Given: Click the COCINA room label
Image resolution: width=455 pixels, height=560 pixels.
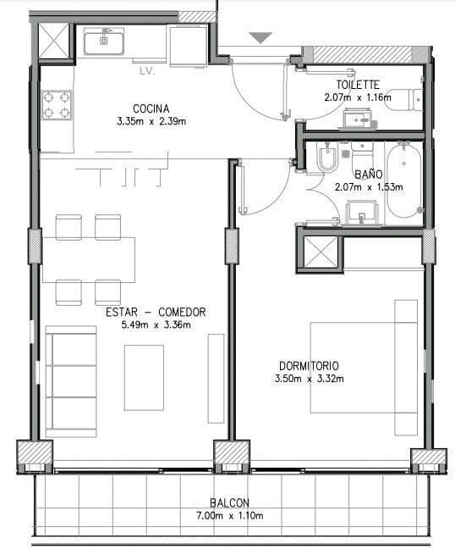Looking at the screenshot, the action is (151, 108).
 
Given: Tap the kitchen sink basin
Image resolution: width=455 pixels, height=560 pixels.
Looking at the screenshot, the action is (104, 41).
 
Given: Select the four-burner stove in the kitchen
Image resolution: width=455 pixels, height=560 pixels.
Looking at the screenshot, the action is (57, 105).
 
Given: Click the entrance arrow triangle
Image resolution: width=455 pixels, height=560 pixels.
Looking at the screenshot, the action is (260, 37).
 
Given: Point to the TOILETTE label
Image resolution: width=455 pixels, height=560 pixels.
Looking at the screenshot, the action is (358, 85).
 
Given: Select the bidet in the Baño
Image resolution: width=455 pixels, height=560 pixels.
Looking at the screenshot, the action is (327, 158).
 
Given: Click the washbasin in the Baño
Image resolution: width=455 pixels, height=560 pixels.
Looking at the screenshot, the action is (362, 212).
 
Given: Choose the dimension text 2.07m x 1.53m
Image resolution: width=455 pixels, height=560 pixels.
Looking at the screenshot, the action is (369, 186).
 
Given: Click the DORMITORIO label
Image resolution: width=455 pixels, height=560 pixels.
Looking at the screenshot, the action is (309, 366).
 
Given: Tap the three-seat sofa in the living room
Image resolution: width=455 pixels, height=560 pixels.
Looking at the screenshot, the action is (71, 381).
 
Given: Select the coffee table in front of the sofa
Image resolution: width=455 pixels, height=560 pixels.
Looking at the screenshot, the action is (144, 378).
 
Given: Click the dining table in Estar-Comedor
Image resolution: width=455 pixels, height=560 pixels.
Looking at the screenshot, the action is (89, 259).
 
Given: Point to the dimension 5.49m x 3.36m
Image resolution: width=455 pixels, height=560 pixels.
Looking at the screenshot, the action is (156, 325).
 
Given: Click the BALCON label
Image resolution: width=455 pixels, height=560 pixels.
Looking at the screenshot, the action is (229, 503).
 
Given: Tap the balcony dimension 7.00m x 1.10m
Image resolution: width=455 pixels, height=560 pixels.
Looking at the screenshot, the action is (230, 516).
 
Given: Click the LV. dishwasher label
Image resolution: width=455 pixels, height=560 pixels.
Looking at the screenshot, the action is (147, 71).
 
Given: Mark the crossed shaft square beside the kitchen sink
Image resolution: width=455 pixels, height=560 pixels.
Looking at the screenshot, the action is (53, 41).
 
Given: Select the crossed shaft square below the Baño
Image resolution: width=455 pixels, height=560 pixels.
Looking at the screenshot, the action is (321, 252).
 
